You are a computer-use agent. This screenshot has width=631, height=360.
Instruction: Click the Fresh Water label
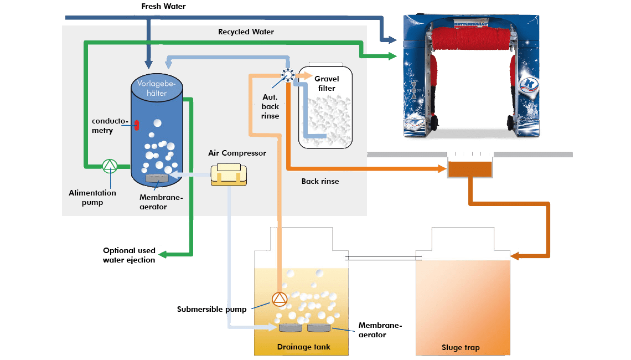coord(163,7)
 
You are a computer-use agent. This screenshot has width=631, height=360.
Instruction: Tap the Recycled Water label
coord(246,32)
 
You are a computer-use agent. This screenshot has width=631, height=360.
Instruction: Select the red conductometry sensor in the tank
coord(137,125)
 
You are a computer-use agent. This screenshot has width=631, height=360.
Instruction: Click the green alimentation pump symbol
coord(110,165)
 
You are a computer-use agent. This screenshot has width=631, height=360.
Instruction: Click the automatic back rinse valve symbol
coord(288,76)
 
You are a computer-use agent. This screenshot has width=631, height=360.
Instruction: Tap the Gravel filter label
coord(327,84)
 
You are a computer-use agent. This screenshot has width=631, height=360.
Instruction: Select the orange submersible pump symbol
coord(280,300)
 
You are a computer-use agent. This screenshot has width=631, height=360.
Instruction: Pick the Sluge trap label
coord(461,347)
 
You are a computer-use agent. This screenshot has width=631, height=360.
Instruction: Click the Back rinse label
coord(320,181)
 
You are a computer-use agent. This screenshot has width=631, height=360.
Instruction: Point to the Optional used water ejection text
coord(129,255)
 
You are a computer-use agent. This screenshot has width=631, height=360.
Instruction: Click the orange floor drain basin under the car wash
coord(469,169)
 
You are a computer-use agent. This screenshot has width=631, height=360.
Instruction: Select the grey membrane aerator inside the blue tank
coord(157,178)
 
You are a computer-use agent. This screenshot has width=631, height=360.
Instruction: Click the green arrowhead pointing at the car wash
coord(391,55)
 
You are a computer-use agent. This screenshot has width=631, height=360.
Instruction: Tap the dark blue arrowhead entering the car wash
coord(391,39)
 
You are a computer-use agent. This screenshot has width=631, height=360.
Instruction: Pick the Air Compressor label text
coord(237,153)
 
